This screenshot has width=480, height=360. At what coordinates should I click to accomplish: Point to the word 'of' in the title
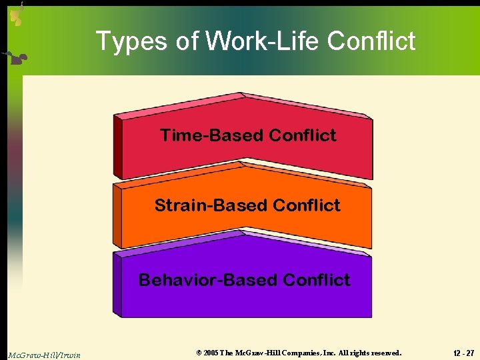[x=187, y=41]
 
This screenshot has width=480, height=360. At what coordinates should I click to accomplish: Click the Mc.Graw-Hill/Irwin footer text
[x=44, y=355]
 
